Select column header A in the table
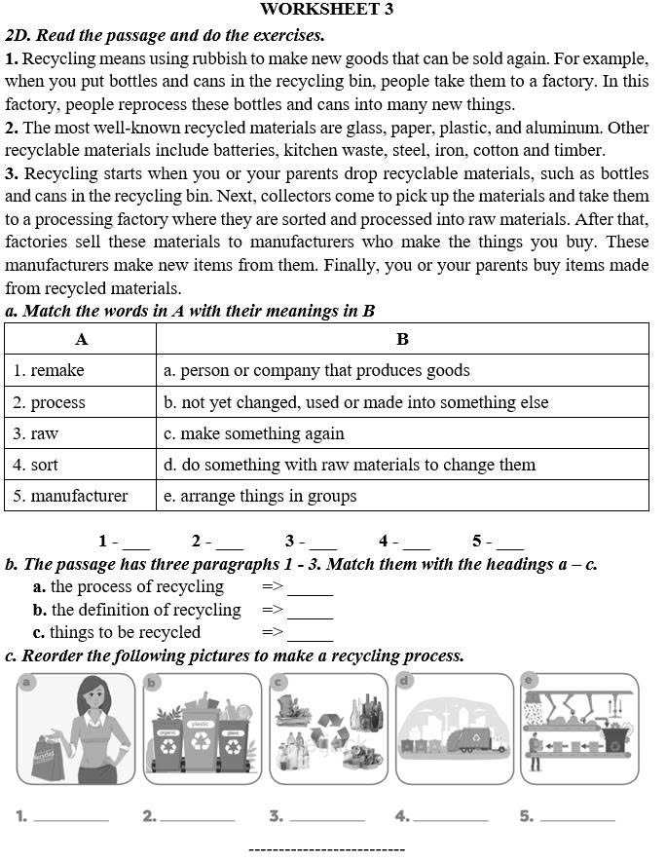click(x=81, y=339)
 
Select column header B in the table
click(x=402, y=339)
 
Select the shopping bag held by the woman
click(x=44, y=758)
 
